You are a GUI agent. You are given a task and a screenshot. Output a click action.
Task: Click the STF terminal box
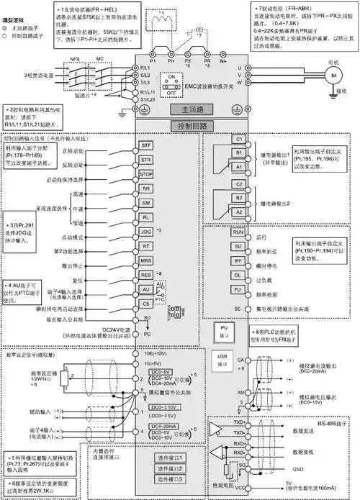(x=147, y=146)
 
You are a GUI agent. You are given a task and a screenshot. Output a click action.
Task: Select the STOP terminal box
(x=147, y=175)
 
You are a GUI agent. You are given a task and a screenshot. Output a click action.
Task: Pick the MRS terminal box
(x=147, y=260)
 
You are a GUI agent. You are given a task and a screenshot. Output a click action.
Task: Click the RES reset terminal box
(x=147, y=274)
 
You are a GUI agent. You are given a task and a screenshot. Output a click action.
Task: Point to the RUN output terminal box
(x=237, y=233)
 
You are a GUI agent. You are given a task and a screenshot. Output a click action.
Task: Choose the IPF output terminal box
(x=237, y=260)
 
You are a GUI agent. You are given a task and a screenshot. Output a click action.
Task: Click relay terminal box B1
(x=238, y=153)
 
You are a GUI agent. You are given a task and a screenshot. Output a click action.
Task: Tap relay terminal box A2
(x=238, y=212)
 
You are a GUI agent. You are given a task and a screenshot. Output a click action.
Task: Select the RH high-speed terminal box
(x=147, y=189)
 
